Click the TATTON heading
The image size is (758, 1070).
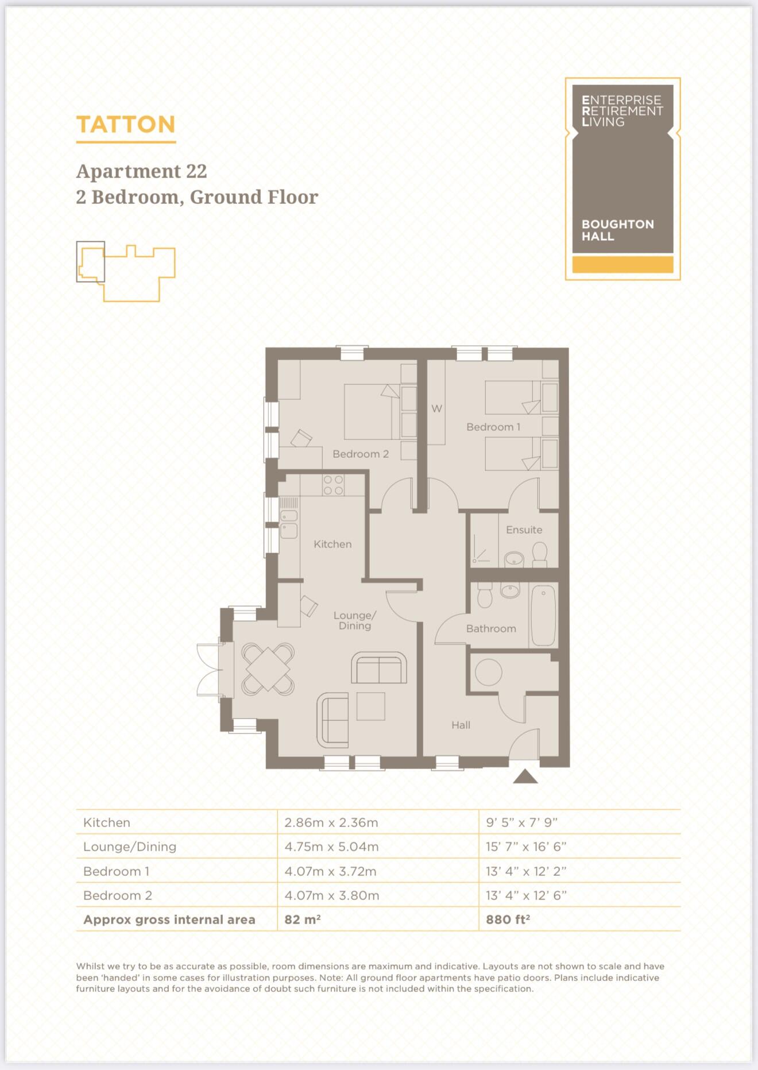[x=125, y=125]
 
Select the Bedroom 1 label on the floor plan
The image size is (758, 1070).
[x=493, y=427]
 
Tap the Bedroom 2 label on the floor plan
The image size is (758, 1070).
[x=360, y=454]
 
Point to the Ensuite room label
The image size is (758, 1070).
[x=524, y=530]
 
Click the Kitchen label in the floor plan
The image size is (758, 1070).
[x=332, y=544]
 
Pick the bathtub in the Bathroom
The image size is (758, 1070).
[x=543, y=616]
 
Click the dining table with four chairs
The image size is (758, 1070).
[x=268, y=669]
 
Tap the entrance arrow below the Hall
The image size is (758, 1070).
[x=525, y=777]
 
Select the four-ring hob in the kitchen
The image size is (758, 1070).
[x=333, y=485]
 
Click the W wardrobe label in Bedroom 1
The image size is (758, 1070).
[x=436, y=408]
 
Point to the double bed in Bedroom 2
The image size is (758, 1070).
[x=372, y=411]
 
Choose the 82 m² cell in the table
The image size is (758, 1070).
[x=302, y=920]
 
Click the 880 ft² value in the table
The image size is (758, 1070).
[x=508, y=920]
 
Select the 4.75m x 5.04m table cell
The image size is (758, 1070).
[x=331, y=847]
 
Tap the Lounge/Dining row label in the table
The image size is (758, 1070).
[x=130, y=847]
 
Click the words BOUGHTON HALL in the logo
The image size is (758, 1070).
[x=617, y=230]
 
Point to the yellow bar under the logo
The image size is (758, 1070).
[x=622, y=265]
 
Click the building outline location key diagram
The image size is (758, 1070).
[x=126, y=272]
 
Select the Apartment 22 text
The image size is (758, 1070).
[x=141, y=171]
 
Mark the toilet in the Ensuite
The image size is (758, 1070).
[x=539, y=554]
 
